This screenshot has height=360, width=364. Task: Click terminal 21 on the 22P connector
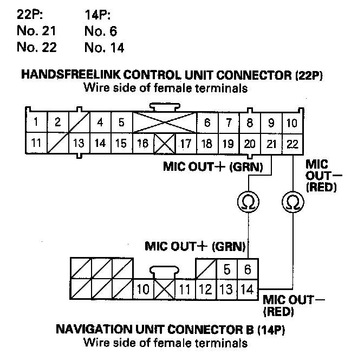click(x=271, y=144)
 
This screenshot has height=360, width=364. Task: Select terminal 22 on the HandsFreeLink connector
click(x=292, y=144)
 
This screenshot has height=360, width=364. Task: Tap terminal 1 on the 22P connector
click(x=35, y=123)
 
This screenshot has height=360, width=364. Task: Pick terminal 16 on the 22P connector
click(x=142, y=144)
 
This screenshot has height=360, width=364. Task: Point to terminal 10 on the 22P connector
click(x=292, y=123)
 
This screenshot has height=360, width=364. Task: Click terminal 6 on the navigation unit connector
click(x=248, y=268)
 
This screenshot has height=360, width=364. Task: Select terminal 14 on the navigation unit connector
click(x=248, y=289)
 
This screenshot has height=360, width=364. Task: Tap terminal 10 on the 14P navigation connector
click(x=143, y=289)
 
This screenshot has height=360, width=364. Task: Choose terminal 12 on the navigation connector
click(x=205, y=289)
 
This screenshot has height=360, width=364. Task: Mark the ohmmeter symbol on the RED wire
click(x=291, y=203)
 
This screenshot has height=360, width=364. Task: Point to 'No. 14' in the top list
click(x=105, y=48)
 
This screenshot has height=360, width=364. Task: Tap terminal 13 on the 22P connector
click(x=79, y=144)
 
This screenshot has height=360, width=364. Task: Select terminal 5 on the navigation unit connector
click(x=227, y=268)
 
